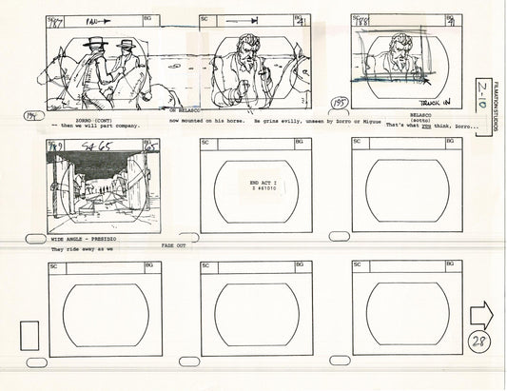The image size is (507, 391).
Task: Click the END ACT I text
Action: pyautogui.click(x=267, y=181)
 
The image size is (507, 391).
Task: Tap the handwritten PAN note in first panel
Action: pyautogui.click(x=93, y=19)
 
